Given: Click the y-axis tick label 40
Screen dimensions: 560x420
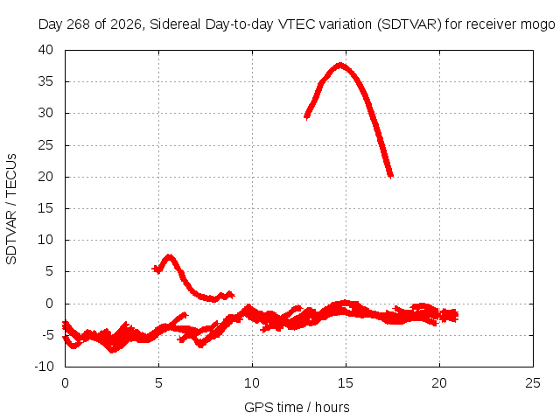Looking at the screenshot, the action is pos(45,50).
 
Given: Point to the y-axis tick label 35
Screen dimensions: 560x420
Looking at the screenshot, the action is pos(45,81).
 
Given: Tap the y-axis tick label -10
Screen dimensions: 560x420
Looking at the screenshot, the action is pos(44,366).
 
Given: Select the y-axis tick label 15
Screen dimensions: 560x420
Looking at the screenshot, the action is pos(45,208).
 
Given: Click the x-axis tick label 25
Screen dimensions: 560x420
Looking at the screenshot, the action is pos(533,383).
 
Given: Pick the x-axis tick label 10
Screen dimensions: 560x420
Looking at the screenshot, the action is pos(252,383).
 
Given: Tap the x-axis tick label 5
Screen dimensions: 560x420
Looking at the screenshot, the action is pos(158,383).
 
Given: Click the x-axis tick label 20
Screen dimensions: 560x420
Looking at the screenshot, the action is pos(439,383).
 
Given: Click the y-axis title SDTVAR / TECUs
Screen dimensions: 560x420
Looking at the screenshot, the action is pos(11,209).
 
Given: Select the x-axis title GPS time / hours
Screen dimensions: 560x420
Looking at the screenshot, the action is pos(297,407).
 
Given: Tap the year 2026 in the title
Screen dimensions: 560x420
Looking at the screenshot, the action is pos(126,24).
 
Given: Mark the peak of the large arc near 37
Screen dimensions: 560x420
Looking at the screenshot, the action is pos(340,65).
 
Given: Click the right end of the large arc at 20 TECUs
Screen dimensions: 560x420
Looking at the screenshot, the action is pos(391,176).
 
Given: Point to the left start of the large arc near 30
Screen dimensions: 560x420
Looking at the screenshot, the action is pos(306,116).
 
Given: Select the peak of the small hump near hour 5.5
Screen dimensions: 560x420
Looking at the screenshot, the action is pos(169,256).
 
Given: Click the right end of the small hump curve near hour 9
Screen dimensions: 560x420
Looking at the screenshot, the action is pos(232,296).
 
